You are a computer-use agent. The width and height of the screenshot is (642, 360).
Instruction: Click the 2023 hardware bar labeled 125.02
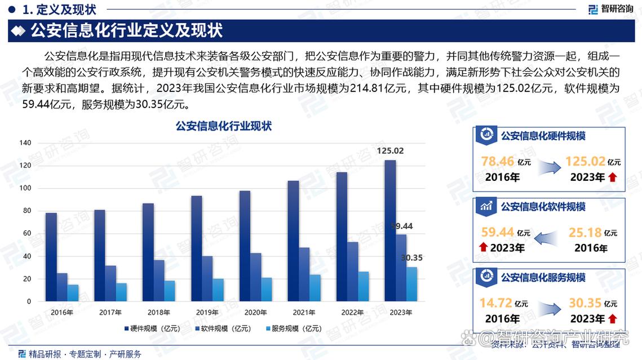point(390,231)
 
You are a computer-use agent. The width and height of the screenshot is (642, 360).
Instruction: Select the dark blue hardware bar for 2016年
point(51,257)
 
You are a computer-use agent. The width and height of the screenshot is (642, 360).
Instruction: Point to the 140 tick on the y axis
point(25,143)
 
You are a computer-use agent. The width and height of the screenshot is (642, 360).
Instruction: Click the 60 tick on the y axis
point(27,234)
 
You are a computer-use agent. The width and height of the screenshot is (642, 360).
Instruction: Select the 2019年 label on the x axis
point(207,312)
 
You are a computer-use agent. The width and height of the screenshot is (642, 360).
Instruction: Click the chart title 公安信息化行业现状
point(224,127)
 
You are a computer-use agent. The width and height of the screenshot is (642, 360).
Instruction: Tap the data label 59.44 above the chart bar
point(402,226)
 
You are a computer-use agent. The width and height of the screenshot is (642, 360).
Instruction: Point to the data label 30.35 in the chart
point(411,258)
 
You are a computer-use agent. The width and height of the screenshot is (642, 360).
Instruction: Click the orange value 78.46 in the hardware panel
point(498,162)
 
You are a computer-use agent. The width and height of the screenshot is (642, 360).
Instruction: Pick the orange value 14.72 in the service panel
point(495,303)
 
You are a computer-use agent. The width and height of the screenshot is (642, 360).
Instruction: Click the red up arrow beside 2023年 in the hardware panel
point(613,177)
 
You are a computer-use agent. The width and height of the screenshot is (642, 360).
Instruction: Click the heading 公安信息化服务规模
point(543,277)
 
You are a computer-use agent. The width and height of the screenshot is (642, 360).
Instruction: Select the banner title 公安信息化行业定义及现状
point(127,30)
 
